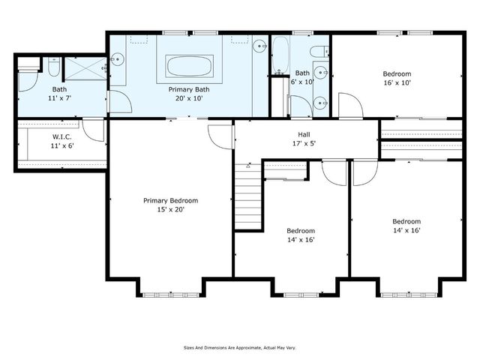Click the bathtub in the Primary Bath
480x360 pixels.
(190, 65)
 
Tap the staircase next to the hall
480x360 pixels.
(248, 196)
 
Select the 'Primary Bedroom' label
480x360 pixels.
(171, 200)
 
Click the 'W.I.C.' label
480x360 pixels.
(61, 136)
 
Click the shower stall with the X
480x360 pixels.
(85, 68)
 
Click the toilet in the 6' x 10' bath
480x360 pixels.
(318, 52)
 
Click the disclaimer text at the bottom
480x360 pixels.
(240, 347)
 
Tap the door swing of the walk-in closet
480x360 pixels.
(93, 130)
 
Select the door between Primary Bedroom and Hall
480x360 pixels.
(220, 135)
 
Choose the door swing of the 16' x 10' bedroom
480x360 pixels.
(349, 106)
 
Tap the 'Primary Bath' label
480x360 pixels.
(184, 88)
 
